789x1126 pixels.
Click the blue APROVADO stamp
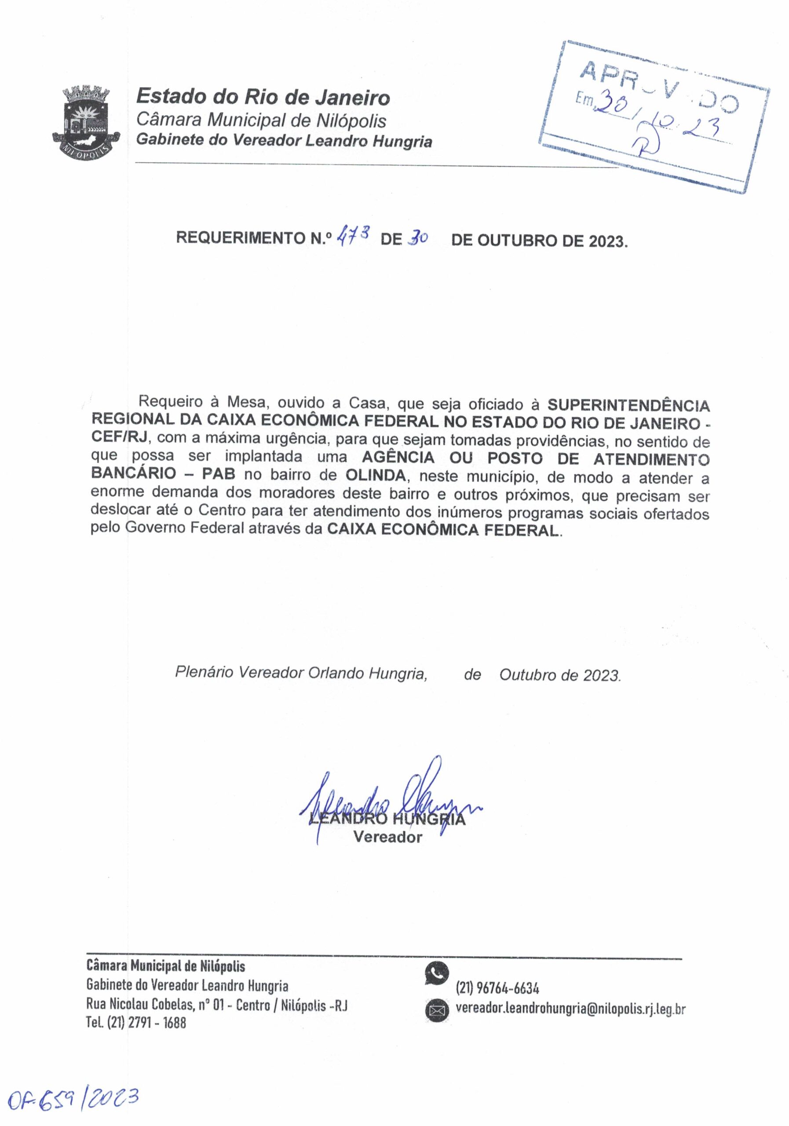pos(654,116)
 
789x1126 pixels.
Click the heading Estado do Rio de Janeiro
pos(263,97)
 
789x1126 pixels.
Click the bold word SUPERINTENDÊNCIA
pos(628,405)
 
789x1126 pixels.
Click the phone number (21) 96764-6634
pos(498,986)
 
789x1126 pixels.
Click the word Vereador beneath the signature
pos(387,837)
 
